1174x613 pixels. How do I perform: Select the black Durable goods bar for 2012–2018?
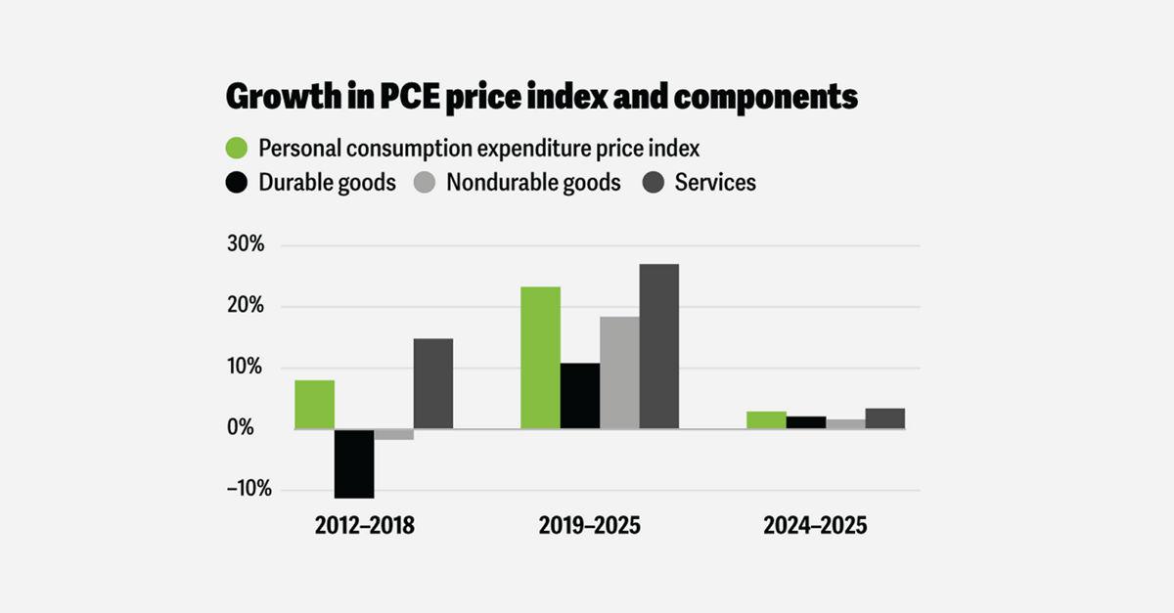coord(354,463)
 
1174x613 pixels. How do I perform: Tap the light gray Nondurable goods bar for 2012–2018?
coord(393,434)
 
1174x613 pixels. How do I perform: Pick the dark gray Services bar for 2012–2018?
coord(432,383)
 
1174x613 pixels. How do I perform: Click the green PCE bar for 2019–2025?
coord(540,358)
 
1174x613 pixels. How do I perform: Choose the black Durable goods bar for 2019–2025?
coord(580,396)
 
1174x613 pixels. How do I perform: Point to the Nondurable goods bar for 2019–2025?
coord(619,372)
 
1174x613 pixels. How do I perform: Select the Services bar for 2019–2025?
coord(658,346)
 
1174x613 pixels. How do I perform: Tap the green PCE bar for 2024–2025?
coord(766,420)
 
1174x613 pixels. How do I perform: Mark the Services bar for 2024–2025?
coord(884,418)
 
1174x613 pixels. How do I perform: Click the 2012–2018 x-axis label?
coord(365,526)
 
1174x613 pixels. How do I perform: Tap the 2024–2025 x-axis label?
coord(815,526)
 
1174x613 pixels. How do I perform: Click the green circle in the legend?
coord(238,149)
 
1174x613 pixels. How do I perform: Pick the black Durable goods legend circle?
coord(238,183)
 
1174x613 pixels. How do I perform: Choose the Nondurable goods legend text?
coord(533,183)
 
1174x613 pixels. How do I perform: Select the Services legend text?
coord(715,183)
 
